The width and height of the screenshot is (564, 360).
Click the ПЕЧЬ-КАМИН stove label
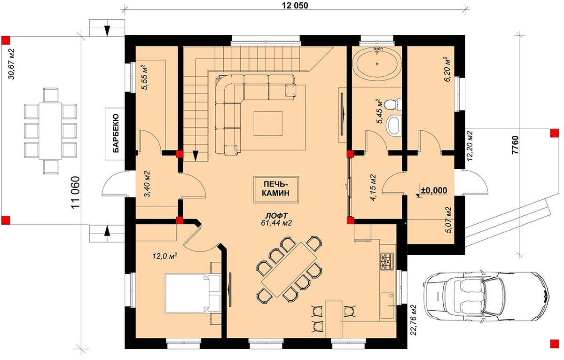pos(276,189)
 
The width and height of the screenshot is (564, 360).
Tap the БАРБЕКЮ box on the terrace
pos(115,133)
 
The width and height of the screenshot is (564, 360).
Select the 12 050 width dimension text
pos(295,6)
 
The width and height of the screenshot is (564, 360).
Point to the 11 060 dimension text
pos(76,193)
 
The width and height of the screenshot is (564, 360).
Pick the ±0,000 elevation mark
pos(433,190)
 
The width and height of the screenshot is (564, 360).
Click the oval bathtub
pos(376,64)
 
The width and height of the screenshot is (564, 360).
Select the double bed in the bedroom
pos(193,293)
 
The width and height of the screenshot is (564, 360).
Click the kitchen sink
pos(387,305)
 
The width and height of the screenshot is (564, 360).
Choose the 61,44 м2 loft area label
pos(276,223)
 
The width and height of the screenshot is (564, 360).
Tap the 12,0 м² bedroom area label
pos(164,257)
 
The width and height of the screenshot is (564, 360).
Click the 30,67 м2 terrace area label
pos(12,64)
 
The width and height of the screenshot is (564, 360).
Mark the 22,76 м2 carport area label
pos(414,320)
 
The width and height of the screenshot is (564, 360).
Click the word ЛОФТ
pos(276,216)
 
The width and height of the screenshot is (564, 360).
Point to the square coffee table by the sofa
pos(268,124)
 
